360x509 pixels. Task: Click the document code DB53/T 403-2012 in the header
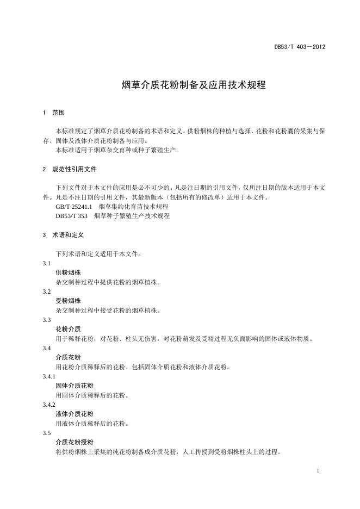click(x=299, y=47)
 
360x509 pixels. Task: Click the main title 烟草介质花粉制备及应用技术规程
click(x=193, y=85)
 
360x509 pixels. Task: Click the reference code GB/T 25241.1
click(x=75, y=207)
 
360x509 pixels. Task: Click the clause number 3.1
click(x=47, y=263)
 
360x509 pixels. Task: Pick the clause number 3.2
click(x=47, y=291)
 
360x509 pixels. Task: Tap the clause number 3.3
click(x=47, y=320)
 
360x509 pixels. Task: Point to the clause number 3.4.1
click(x=49, y=376)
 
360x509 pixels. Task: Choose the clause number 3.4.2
click(x=49, y=405)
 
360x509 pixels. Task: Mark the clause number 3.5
click(x=47, y=433)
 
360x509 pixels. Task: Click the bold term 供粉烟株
click(x=68, y=272)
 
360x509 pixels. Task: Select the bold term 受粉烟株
click(x=68, y=301)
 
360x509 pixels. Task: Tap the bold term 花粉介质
click(x=68, y=329)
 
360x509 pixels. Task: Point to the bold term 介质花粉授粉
click(x=75, y=442)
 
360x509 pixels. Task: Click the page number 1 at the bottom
click(x=317, y=470)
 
